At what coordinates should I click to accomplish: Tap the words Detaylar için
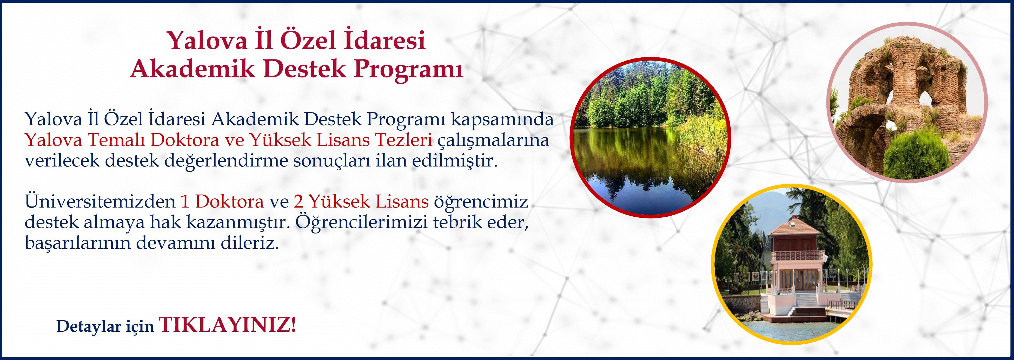(x=105, y=326)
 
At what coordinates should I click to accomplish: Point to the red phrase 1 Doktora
(x=222, y=202)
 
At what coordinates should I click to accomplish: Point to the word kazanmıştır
(x=238, y=222)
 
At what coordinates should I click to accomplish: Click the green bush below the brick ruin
(x=917, y=155)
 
